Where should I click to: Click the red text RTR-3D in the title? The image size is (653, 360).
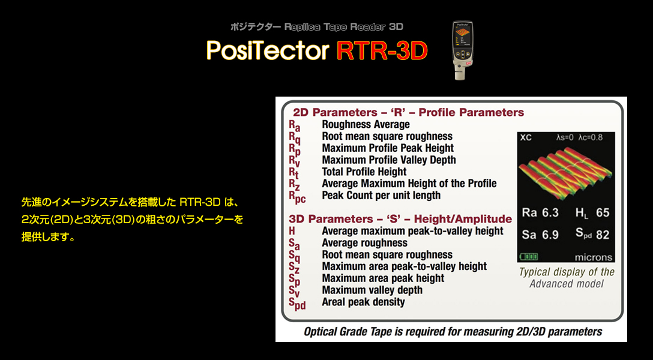(x=382, y=51)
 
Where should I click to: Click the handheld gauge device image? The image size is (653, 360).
(x=463, y=50)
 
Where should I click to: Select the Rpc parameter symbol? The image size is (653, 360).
(x=297, y=197)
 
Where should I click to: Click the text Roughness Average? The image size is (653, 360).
(x=366, y=124)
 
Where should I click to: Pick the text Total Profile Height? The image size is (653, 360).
(x=364, y=172)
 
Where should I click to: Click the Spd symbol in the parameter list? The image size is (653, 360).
(x=297, y=304)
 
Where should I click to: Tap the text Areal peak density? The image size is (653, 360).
(x=363, y=302)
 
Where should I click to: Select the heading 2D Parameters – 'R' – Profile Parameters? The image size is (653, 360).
(x=409, y=112)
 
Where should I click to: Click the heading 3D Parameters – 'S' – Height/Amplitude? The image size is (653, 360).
(x=400, y=219)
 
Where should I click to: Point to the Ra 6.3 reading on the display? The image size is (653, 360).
(x=540, y=213)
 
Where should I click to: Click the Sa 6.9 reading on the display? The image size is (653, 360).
(x=540, y=235)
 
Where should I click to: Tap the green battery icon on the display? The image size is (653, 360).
(x=529, y=256)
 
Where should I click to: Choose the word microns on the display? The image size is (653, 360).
(x=594, y=257)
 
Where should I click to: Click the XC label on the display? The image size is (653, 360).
(x=526, y=138)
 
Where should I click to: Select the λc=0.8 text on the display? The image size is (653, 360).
(x=591, y=137)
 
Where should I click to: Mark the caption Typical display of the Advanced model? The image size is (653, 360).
(x=567, y=278)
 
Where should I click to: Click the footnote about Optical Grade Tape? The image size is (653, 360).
(x=453, y=332)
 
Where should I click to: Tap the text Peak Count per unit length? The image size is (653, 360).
(x=381, y=195)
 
